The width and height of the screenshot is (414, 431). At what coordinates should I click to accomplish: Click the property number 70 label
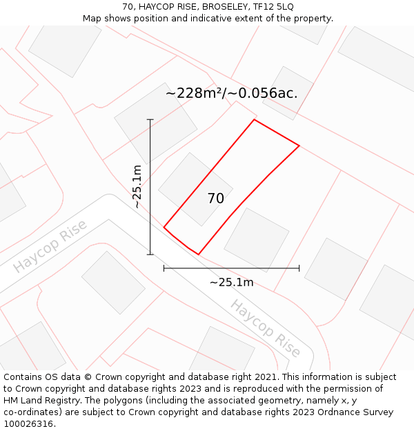point(215,199)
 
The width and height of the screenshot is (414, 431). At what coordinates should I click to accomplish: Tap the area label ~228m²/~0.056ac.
point(232,93)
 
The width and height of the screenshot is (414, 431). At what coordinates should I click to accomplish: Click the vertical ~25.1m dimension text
point(137,186)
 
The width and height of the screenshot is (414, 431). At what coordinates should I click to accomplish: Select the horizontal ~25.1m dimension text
point(231,282)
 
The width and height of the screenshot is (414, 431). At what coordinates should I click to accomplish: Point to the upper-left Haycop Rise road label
point(50,246)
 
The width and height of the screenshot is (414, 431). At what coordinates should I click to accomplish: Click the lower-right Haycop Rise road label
point(266,328)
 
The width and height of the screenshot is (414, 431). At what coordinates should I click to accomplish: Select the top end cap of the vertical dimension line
point(150,119)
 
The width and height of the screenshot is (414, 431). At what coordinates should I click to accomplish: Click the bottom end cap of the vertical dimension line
point(150,254)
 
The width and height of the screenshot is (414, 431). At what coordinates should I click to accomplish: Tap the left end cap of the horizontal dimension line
point(164,268)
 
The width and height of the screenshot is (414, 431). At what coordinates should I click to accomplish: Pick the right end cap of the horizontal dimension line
point(299,268)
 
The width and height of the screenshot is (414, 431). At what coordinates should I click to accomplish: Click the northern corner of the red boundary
point(255,120)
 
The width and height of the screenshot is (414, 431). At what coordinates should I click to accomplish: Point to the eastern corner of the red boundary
point(299,146)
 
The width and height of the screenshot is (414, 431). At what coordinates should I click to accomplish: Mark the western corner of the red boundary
point(164,227)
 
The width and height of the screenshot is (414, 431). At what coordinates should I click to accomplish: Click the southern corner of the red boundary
point(199,254)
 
